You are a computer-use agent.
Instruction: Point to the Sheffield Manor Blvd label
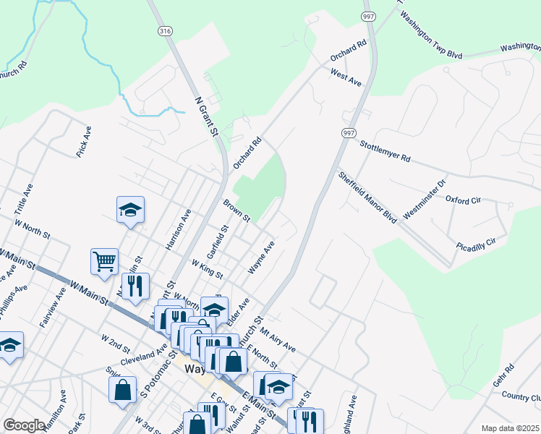(367, 196)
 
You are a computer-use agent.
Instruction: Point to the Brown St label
(237, 210)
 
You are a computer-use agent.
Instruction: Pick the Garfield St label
(217, 241)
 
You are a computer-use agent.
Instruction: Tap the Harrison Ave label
(178, 229)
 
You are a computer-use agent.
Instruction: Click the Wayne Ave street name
(261, 257)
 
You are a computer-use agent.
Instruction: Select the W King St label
(207, 270)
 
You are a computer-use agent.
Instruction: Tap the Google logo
(24, 425)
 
